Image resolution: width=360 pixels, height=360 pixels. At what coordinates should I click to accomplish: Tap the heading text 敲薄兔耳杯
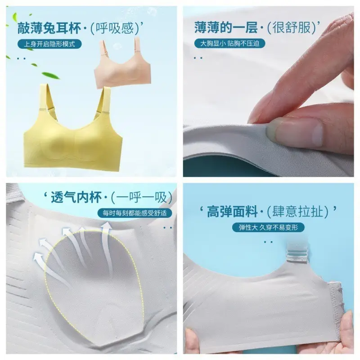49,28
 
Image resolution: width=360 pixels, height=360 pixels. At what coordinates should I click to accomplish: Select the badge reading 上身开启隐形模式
49,44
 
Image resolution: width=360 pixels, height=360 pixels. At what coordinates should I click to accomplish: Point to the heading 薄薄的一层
226,28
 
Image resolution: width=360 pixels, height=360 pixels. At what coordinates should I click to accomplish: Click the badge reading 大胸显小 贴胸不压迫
229,43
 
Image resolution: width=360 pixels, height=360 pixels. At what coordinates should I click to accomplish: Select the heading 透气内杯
76,198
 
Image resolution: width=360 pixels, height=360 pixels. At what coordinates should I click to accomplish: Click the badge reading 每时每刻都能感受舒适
135,213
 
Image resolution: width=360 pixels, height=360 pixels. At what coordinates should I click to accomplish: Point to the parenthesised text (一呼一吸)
141,198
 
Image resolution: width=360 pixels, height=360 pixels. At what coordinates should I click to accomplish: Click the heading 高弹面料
232,211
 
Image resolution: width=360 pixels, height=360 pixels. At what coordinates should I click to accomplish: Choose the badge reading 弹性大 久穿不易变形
268,227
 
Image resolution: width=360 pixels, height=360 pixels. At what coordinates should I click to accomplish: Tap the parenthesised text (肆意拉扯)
298,211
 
